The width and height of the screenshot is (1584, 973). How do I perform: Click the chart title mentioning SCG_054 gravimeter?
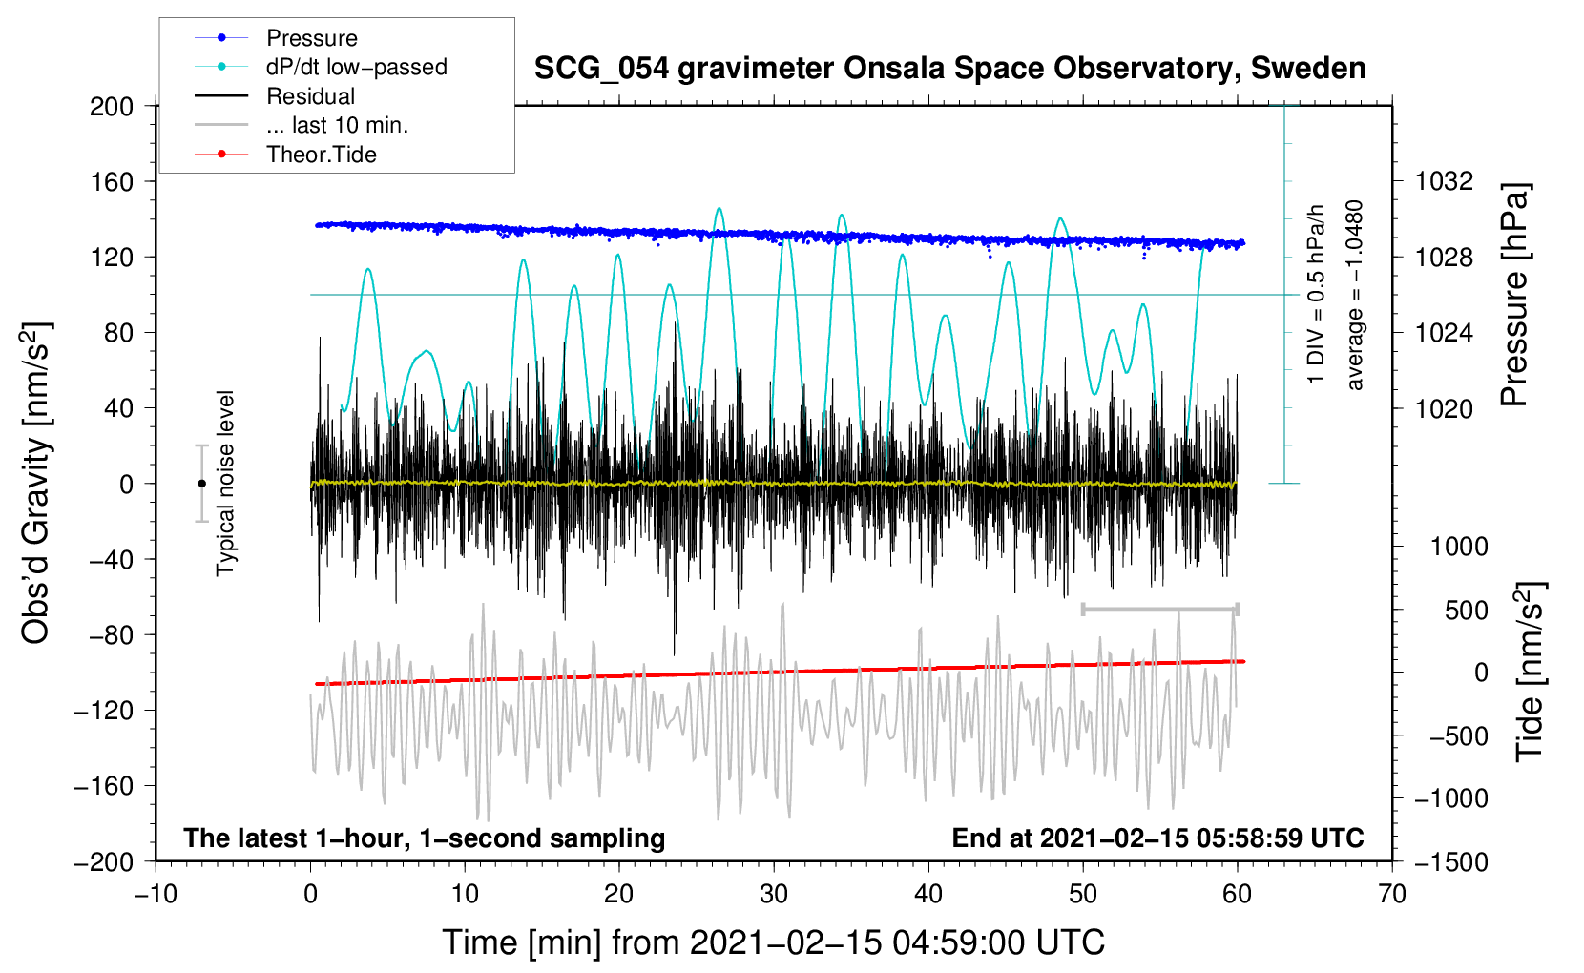[949, 69]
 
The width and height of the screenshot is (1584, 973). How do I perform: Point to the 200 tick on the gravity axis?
[112, 107]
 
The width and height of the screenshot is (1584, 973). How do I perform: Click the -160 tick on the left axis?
[104, 786]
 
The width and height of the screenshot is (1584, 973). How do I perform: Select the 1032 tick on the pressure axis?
[1444, 182]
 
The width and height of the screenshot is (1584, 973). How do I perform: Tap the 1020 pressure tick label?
[1444, 408]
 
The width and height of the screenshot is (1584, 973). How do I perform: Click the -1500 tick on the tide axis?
[1451, 862]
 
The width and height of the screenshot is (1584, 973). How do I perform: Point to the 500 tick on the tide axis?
[1467, 611]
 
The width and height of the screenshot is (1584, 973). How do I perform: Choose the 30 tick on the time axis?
[774, 895]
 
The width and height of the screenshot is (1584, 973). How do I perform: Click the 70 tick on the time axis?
[1391, 895]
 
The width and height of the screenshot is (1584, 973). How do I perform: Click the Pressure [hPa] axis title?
[1514, 295]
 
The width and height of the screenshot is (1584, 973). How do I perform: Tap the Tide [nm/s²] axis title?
[1531, 672]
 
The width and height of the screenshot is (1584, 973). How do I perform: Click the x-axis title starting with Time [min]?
[774, 942]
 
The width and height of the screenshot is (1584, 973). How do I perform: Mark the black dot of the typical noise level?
[202, 484]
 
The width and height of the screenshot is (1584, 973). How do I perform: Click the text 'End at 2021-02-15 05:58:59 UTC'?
[1157, 838]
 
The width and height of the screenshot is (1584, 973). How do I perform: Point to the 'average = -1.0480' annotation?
[1353, 295]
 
